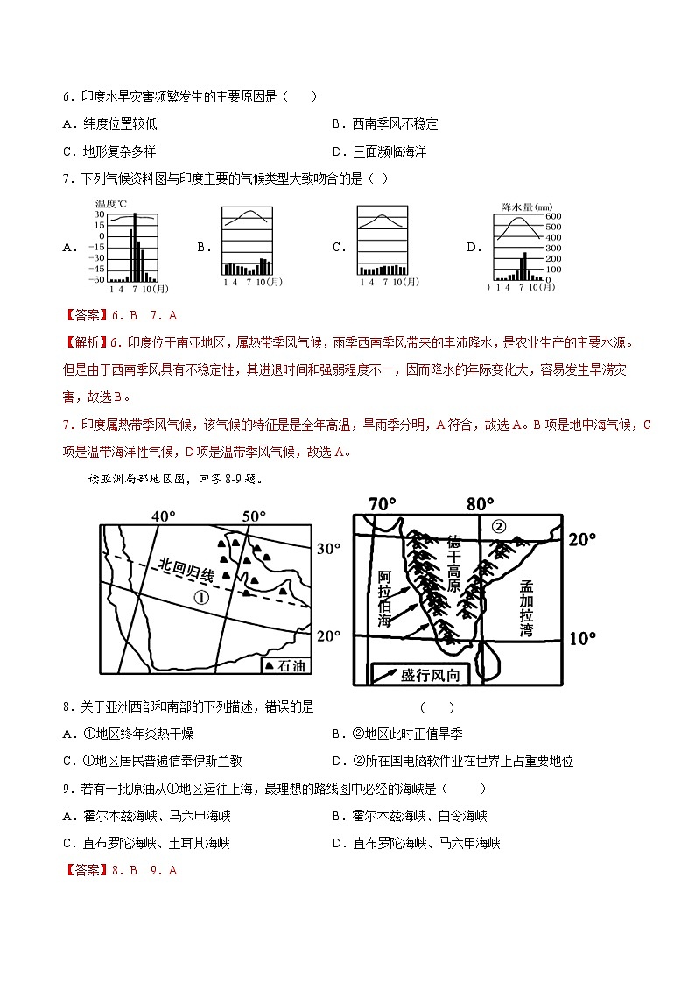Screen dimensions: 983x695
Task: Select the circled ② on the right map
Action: point(499,527)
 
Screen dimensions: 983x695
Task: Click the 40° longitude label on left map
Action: point(164,516)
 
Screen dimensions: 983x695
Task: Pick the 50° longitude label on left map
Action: point(254,516)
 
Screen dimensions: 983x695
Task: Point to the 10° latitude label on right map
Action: point(581,638)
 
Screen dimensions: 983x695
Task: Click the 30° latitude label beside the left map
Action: point(327,549)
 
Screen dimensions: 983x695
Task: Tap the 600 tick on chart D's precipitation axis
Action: point(553,216)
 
